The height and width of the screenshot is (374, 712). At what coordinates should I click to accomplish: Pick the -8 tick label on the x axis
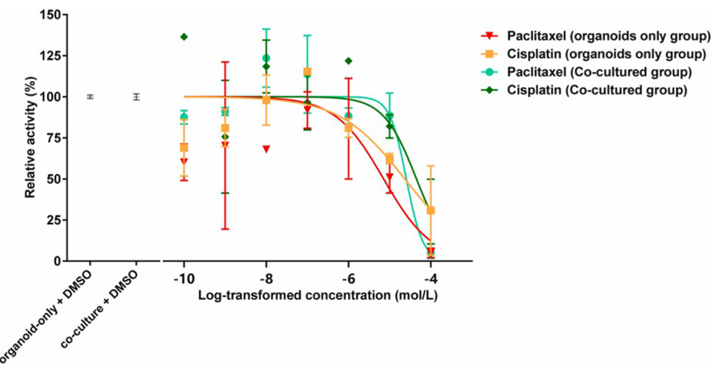coord(266,278)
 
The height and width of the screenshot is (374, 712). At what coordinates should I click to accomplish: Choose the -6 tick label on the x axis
coord(348,278)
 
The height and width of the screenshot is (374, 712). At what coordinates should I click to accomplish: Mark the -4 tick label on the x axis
coord(431,278)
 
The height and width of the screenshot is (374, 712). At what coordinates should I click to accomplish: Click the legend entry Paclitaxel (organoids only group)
coord(608,36)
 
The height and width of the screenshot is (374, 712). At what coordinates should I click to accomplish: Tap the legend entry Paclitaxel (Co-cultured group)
coord(599,72)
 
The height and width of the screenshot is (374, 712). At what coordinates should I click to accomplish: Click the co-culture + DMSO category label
coord(101,309)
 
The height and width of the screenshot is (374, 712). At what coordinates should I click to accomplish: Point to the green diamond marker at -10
coord(184,37)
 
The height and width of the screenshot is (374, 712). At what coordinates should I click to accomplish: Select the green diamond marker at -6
coord(348,61)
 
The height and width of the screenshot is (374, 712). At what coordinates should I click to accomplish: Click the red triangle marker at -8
coord(266,148)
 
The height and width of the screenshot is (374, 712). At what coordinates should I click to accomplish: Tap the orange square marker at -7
coord(307,72)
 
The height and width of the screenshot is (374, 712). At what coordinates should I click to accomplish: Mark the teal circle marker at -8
coord(266,58)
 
